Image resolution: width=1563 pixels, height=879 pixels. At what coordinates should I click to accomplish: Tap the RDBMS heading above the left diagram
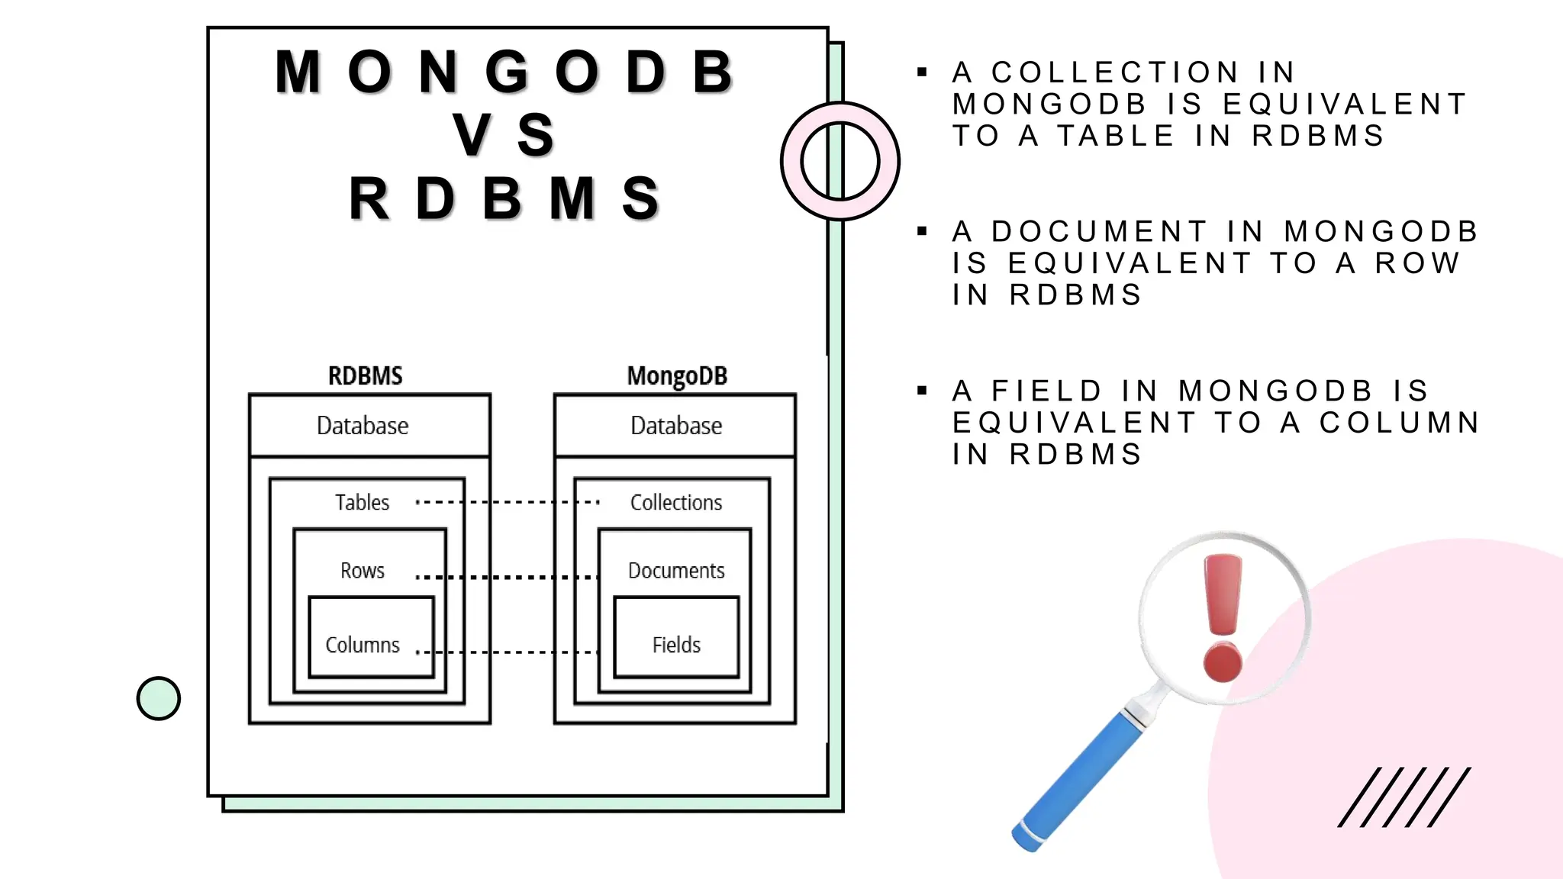pos(365,375)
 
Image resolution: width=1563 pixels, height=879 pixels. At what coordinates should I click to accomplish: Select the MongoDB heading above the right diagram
pos(677,375)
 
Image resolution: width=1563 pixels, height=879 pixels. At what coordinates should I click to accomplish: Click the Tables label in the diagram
pos(362,502)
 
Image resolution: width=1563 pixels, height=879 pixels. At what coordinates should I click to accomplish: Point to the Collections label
pos(676,502)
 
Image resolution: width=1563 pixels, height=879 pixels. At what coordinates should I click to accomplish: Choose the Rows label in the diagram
pos(363,570)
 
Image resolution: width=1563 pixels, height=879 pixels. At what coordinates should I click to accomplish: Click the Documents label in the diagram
pos(676,570)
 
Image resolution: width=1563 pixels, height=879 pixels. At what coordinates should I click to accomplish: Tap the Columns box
pos(371,637)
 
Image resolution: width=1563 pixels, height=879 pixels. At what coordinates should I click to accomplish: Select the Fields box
pos(676,637)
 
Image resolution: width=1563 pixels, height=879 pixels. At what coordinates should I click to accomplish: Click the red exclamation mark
pos(1223,618)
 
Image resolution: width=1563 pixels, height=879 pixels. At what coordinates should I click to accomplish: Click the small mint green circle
pos(159,698)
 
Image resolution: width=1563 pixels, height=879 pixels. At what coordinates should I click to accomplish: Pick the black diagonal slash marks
pos(1404,797)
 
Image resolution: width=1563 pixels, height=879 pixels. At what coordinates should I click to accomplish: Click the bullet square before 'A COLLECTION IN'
pos(922,72)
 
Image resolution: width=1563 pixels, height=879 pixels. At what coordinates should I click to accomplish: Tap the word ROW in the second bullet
pos(1417,263)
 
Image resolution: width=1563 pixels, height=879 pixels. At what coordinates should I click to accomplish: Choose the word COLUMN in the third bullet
pos(1400,423)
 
